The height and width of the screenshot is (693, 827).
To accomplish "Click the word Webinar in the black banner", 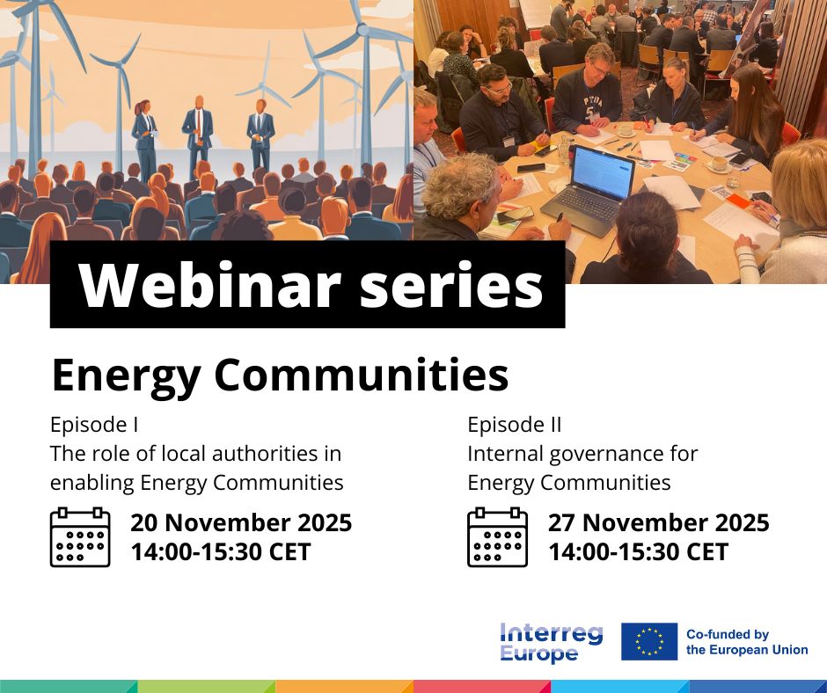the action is coord(209,285).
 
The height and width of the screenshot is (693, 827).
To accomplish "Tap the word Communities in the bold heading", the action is coord(362,375).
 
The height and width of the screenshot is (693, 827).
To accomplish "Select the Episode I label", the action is coord(94,425).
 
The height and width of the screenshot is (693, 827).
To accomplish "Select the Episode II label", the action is coord(515,425).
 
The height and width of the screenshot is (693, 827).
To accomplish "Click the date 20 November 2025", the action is coord(241,522).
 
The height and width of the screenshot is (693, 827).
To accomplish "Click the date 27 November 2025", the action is coord(659,522).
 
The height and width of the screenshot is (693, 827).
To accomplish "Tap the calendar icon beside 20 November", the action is coord(80,537).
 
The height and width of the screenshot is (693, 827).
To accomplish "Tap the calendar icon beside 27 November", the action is coord(497,537).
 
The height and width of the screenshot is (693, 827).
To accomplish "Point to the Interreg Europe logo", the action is coord(551,642).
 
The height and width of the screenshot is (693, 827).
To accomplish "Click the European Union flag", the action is coord(649,641).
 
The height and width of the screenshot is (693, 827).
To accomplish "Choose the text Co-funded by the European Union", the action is coord(747,642).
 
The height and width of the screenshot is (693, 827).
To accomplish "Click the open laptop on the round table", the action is coord(588,190).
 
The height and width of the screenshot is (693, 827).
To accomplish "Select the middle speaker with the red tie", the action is coord(198,135).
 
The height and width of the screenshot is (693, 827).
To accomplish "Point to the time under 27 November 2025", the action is coord(638,552).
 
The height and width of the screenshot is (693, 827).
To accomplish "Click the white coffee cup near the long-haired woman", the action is coord(719,164).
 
